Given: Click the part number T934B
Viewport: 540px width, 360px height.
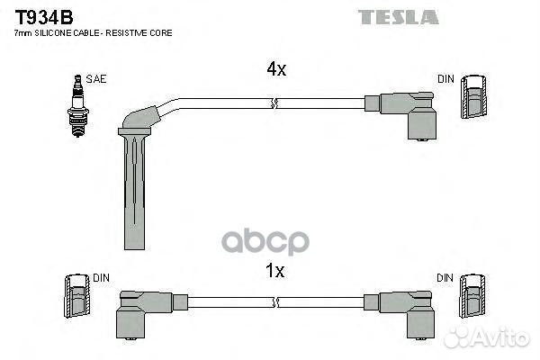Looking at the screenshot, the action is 44,17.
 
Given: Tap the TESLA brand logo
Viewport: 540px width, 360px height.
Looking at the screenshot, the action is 398,17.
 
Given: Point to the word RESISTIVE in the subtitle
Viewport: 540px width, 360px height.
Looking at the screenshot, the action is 126,33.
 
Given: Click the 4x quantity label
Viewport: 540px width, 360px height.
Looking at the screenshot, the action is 276,69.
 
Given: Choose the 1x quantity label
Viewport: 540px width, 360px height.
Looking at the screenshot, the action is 274,271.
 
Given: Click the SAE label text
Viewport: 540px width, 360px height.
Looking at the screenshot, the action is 96,79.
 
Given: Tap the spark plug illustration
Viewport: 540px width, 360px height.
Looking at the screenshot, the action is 77,106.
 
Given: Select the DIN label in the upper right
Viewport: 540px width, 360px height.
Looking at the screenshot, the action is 445,79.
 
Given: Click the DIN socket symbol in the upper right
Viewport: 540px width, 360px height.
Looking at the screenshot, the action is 474,97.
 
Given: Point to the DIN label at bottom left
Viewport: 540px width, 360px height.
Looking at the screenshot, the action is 101,278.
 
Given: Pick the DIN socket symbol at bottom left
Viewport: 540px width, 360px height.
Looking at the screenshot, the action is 77,295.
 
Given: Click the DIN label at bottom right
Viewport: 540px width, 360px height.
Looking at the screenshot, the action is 445,278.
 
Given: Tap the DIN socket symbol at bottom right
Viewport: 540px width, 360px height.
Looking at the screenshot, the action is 472,296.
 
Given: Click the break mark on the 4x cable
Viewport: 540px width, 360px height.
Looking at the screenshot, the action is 274,103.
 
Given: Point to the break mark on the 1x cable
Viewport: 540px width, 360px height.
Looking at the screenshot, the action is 275,302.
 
